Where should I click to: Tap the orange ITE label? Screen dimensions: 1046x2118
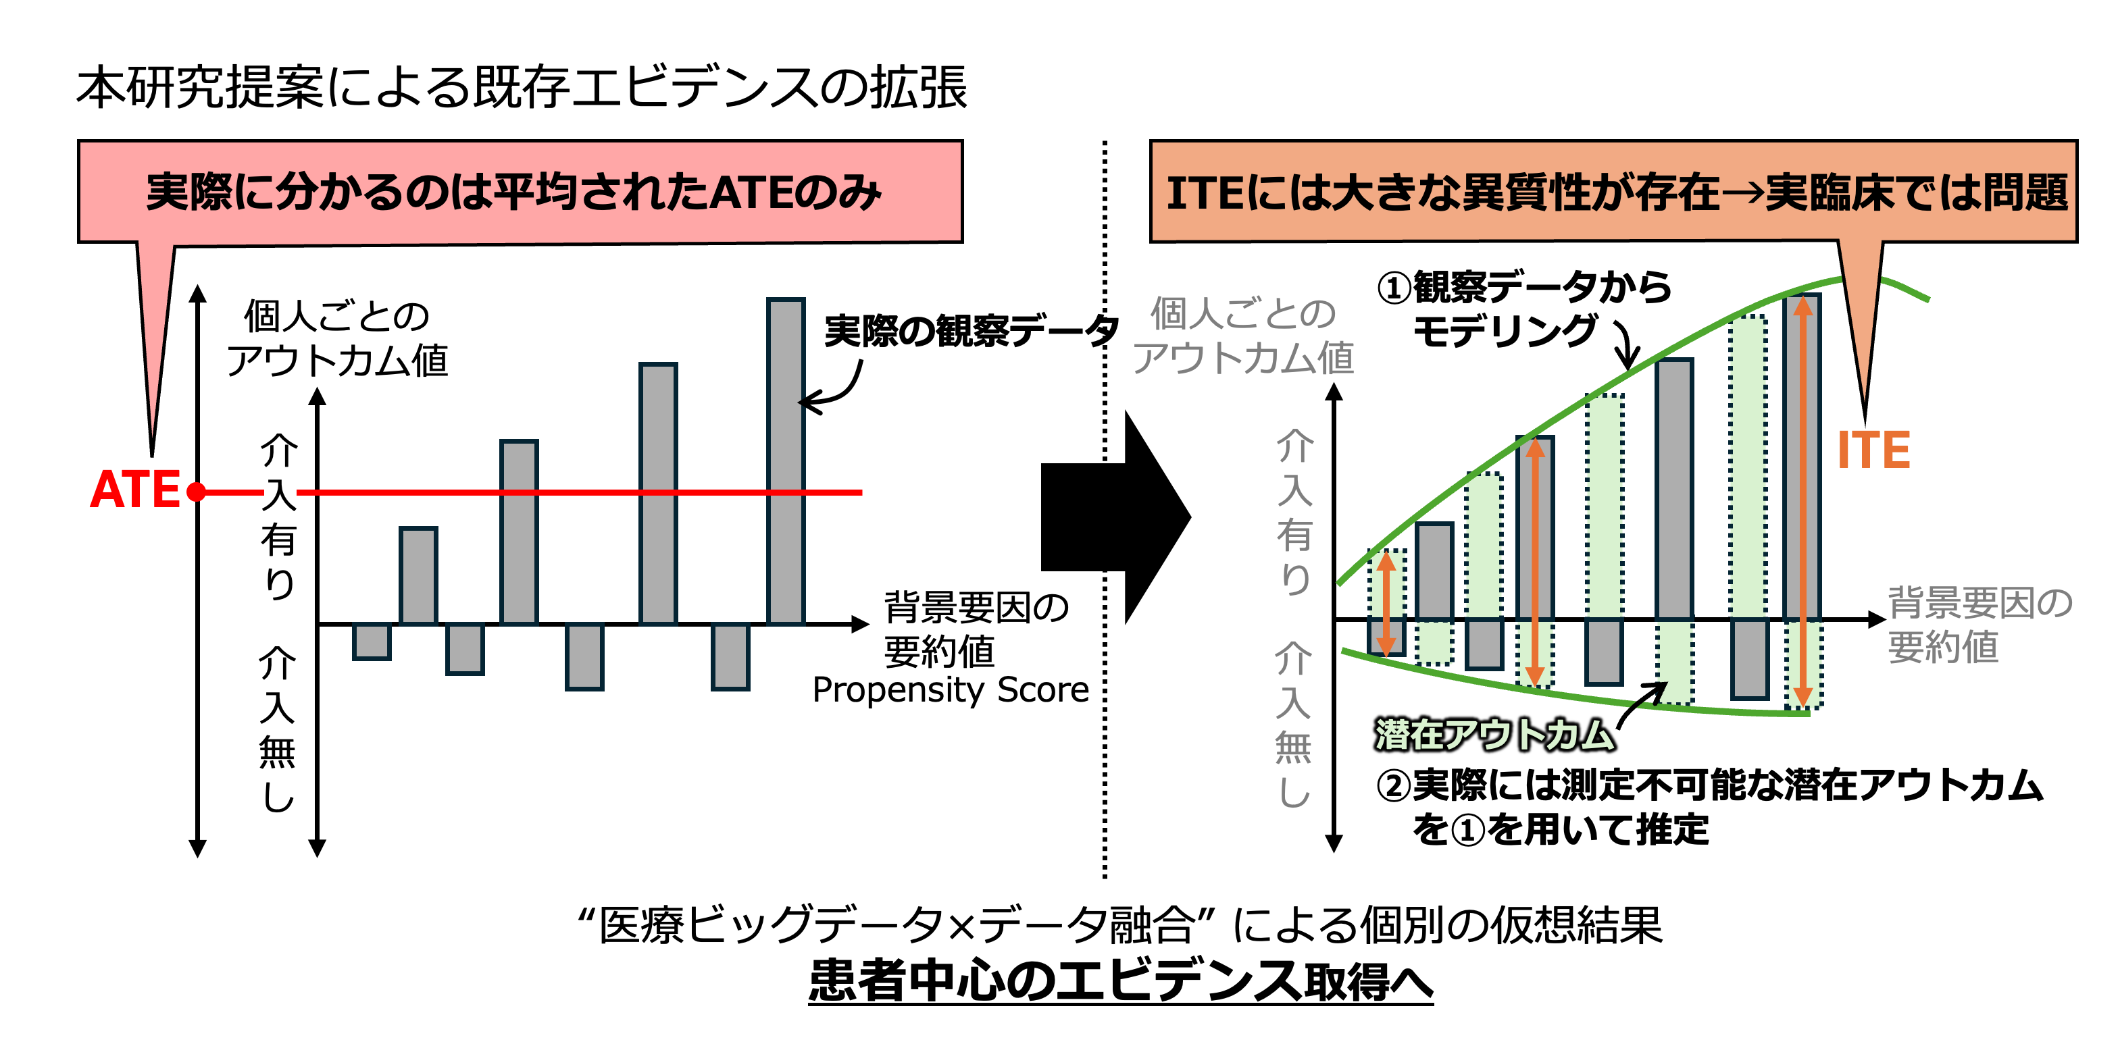pos(1873,450)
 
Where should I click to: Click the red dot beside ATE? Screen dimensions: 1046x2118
pos(196,492)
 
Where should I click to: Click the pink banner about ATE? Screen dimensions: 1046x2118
pos(520,192)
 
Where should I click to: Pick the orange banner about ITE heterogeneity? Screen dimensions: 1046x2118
pos(1613,192)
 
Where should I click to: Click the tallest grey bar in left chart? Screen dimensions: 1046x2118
pos(785,460)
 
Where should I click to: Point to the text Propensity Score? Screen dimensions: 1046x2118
pos(951,690)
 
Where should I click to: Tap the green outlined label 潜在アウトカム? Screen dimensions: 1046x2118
pos(1493,734)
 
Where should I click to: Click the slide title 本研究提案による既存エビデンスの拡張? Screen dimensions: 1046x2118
pos(522,87)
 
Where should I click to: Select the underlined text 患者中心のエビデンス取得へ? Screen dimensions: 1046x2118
pos(1120,980)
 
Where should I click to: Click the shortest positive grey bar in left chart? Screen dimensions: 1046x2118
pos(418,575)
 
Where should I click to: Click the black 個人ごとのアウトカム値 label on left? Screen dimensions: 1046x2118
pos(337,338)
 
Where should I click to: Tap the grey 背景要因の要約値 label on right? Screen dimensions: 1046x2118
pos(1978,625)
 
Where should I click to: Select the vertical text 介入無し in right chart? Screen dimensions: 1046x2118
pos(1293,723)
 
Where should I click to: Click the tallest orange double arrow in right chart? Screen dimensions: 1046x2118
pos(1802,501)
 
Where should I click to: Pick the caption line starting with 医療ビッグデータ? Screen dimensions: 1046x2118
pos(1120,925)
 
